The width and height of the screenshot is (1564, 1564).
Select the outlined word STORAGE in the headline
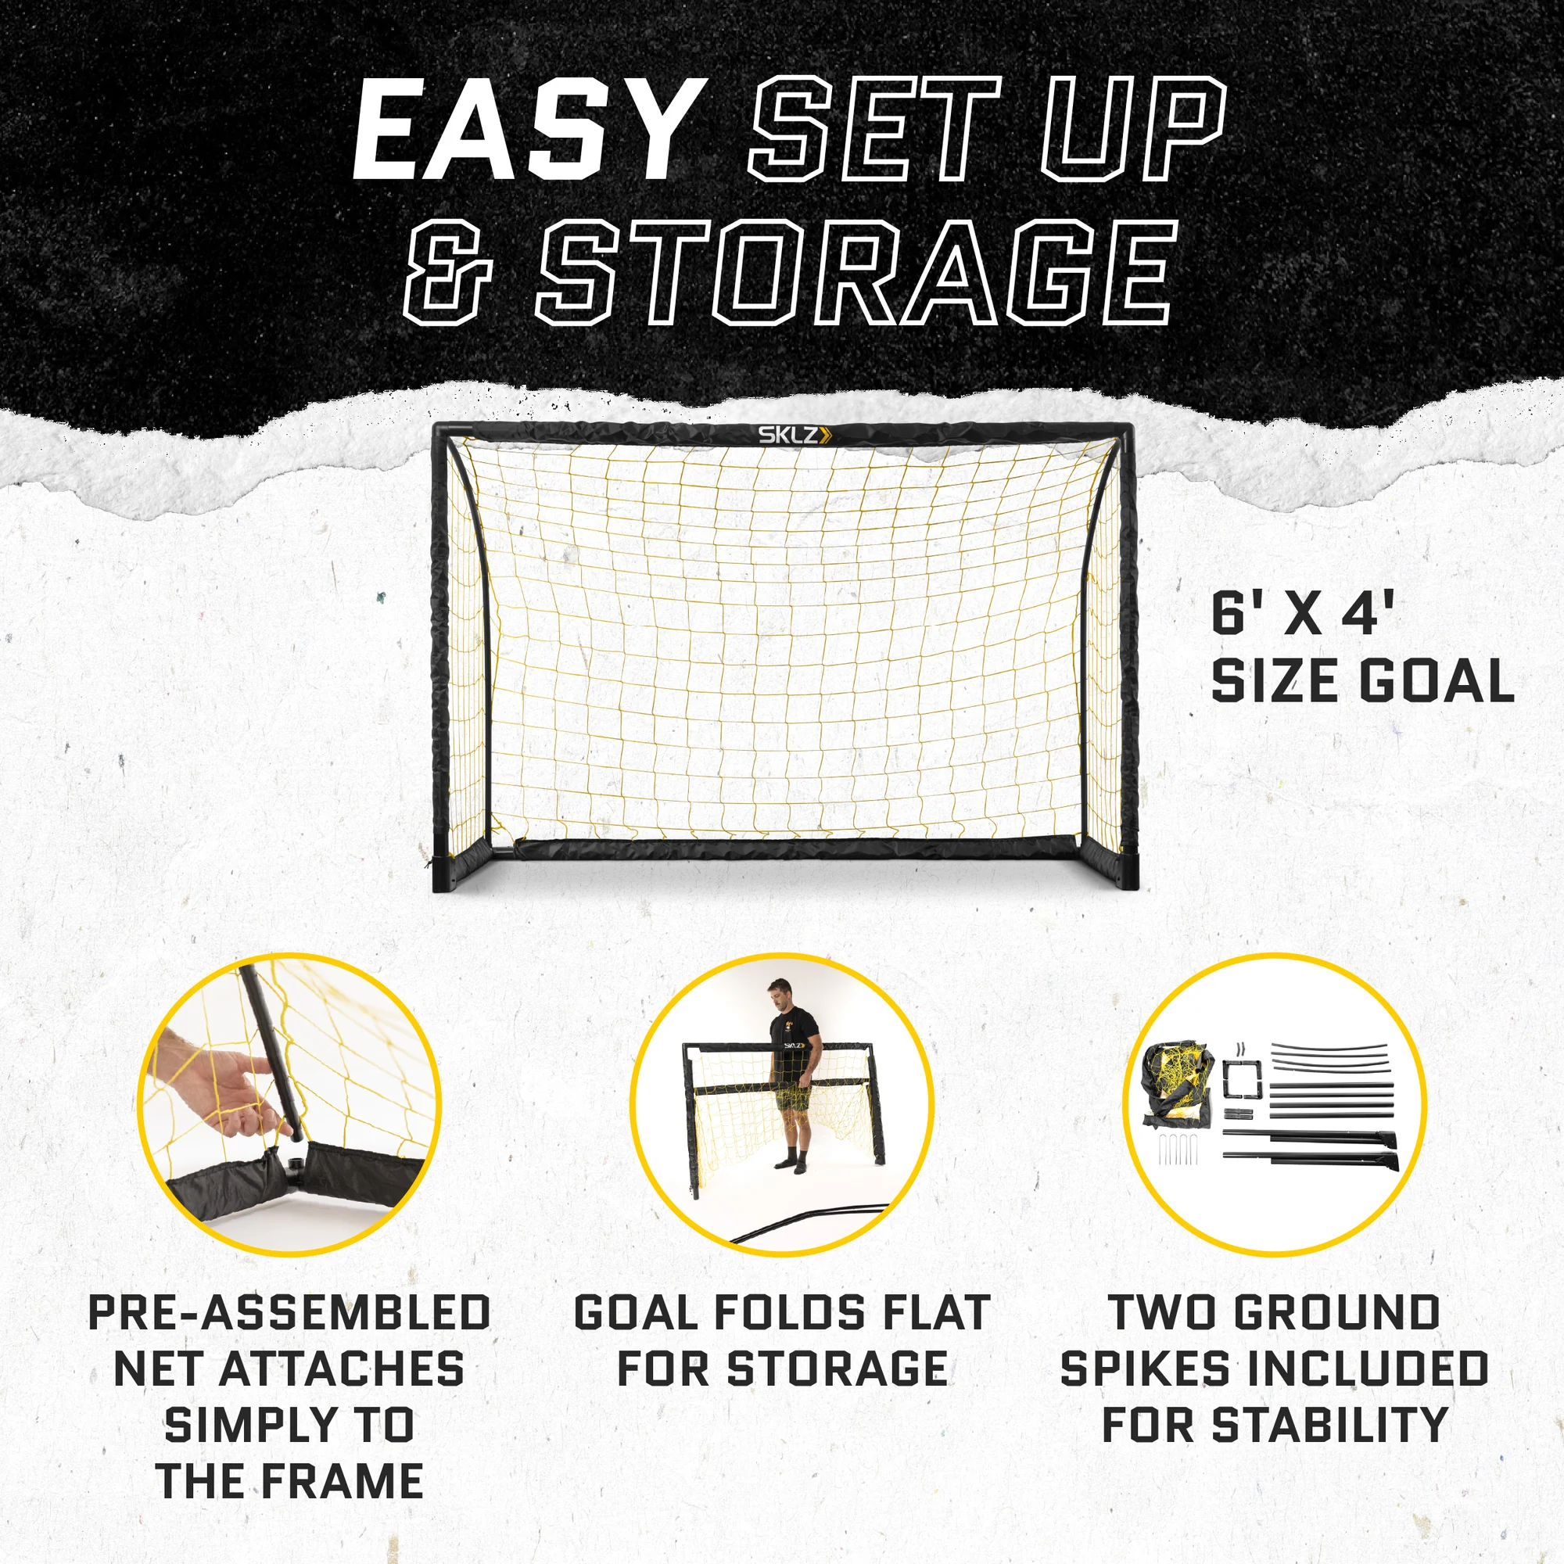click(x=852, y=273)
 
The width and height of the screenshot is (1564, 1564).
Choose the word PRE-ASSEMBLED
click(x=289, y=1312)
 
